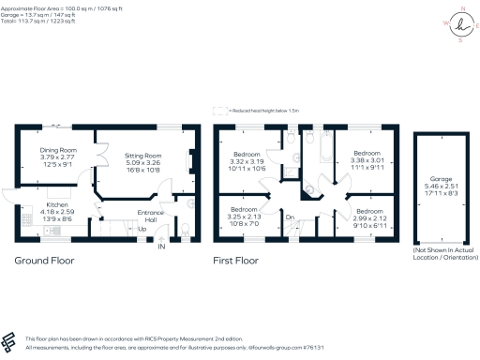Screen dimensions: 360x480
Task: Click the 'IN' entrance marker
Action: point(160,247)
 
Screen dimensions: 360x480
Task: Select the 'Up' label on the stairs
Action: point(142,229)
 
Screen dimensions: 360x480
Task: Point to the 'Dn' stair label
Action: point(290,217)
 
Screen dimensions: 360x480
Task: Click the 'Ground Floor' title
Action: point(43,260)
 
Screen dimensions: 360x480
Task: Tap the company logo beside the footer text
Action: point(10,341)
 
